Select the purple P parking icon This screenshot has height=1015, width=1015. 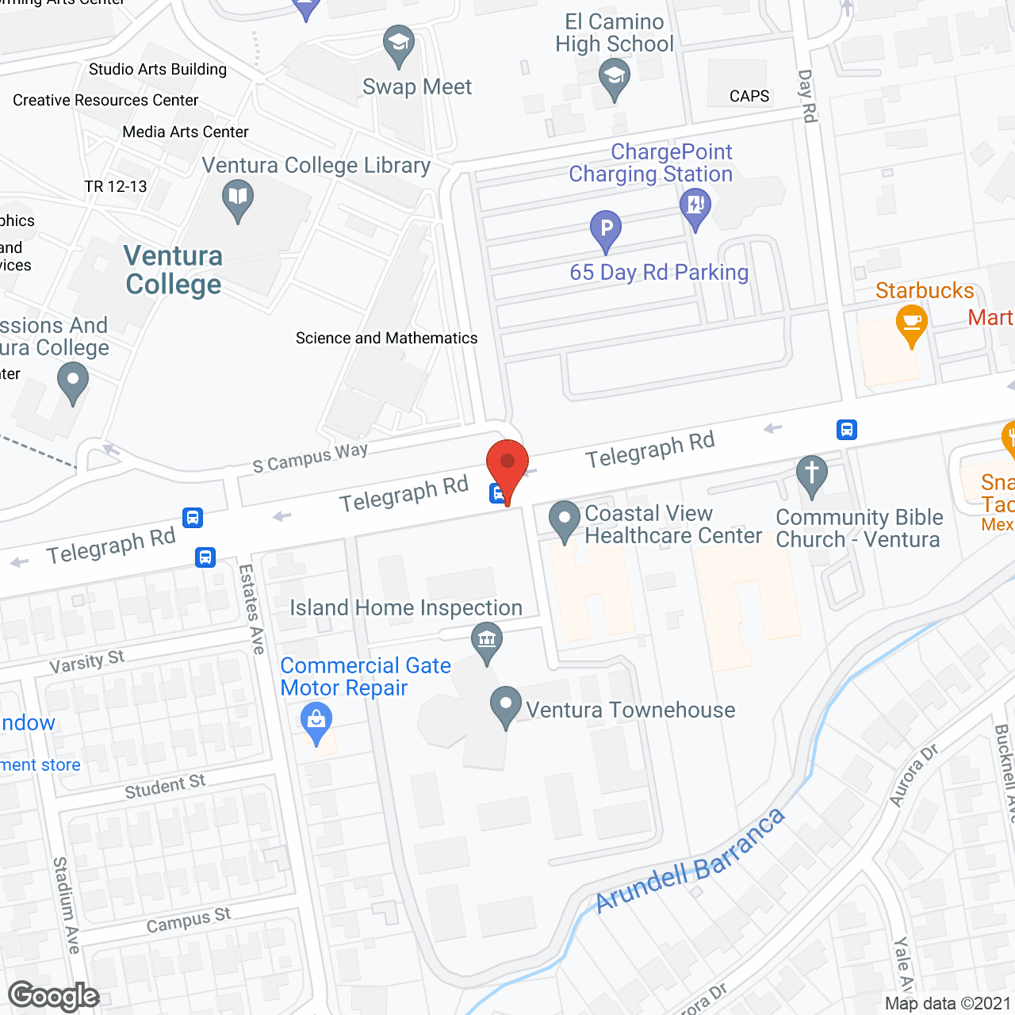(x=606, y=229)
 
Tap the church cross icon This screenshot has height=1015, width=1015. (x=811, y=475)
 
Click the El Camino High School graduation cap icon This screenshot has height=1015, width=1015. (x=615, y=79)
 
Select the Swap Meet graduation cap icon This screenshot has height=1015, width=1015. (x=398, y=43)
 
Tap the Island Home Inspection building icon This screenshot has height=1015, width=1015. (x=487, y=639)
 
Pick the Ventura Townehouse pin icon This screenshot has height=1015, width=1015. (x=505, y=704)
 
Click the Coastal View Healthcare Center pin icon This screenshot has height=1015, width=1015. (x=564, y=519)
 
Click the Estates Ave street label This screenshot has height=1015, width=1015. (x=251, y=608)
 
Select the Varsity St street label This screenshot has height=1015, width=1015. (x=86, y=661)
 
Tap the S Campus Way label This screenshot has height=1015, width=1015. (x=310, y=458)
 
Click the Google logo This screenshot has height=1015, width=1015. (x=54, y=996)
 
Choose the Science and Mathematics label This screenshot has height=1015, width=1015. (x=386, y=339)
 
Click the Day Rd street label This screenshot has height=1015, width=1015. (x=807, y=96)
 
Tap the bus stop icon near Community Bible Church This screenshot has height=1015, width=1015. (x=846, y=430)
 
